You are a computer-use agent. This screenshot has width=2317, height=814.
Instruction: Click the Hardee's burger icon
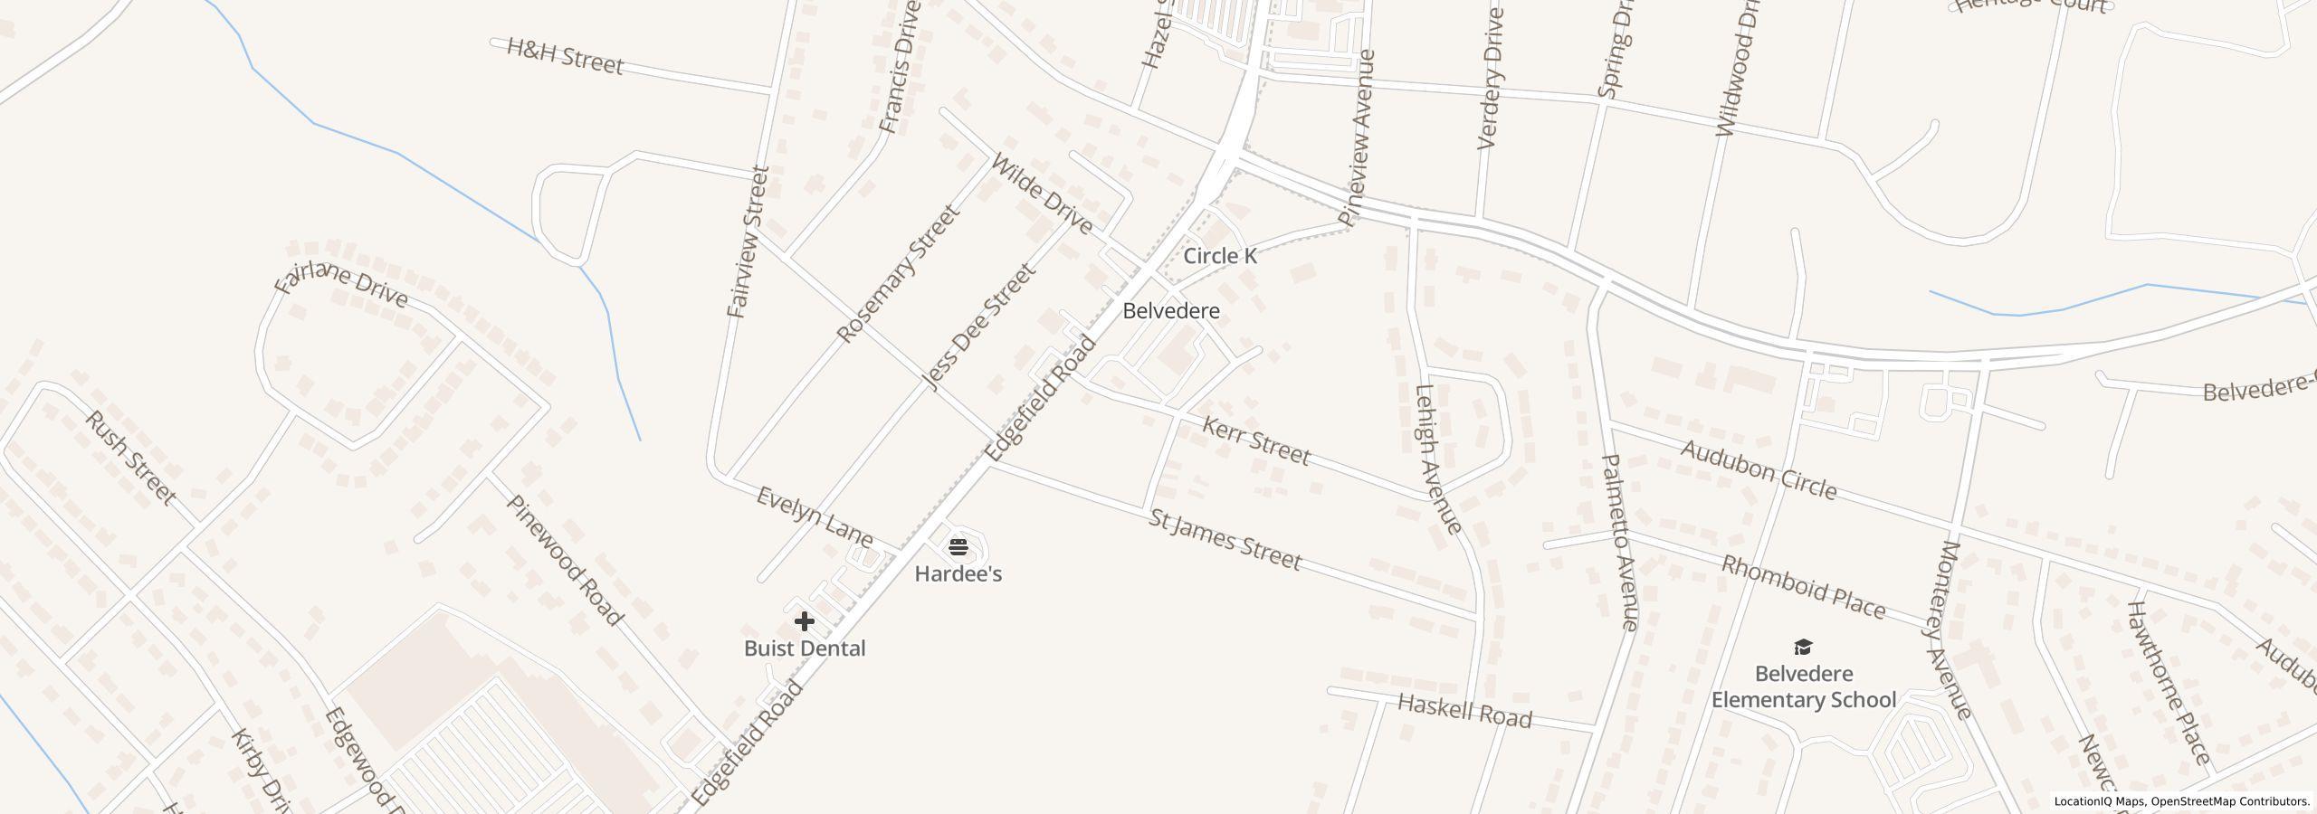(x=958, y=546)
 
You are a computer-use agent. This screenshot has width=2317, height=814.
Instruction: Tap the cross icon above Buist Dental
(x=804, y=621)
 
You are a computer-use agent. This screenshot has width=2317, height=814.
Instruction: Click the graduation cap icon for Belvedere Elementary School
(x=1803, y=647)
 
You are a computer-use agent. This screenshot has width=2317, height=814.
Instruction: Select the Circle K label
(x=1219, y=256)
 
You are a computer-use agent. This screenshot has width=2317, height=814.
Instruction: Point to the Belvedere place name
(x=1170, y=311)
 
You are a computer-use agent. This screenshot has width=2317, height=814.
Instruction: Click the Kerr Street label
(x=1255, y=440)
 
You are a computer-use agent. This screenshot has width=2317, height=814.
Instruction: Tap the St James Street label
(x=1225, y=540)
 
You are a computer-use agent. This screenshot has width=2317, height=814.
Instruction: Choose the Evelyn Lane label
(x=815, y=517)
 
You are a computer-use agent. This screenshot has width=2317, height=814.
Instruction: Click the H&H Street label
(x=565, y=56)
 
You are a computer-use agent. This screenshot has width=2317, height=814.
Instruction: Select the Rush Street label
(x=130, y=457)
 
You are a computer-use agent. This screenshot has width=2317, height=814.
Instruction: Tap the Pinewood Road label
(x=564, y=560)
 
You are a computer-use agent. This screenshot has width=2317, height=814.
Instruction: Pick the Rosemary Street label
(x=896, y=273)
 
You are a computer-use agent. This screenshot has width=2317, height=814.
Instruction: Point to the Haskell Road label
(x=1464, y=712)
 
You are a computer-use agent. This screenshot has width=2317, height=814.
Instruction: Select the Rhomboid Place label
(x=1802, y=588)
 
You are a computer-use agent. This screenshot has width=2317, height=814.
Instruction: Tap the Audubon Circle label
(x=1759, y=470)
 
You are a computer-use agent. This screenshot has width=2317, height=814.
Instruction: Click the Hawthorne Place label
(x=2167, y=682)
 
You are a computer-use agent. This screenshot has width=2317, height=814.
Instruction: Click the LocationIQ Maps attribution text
(x=2100, y=801)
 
